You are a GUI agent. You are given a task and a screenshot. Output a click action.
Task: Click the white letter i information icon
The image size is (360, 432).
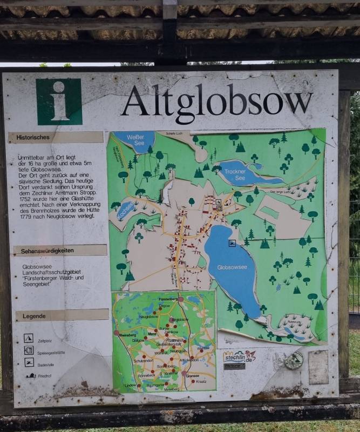59,102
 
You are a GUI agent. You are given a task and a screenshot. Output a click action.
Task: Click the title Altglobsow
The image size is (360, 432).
216,100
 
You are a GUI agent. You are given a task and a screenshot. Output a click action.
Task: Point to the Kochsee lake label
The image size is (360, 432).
127,210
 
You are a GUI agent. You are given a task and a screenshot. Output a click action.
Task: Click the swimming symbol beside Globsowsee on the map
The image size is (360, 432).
232,243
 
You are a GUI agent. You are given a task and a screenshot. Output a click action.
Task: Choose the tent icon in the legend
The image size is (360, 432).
29,338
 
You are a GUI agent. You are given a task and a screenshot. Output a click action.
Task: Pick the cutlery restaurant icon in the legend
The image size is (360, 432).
29,350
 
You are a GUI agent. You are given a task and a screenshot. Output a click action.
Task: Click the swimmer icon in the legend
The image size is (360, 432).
29,362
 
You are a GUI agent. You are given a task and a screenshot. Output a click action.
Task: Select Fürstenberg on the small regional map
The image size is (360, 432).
169,299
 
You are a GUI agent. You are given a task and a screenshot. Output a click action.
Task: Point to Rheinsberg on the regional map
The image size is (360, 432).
126,335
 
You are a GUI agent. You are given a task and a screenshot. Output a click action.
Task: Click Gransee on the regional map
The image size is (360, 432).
193,375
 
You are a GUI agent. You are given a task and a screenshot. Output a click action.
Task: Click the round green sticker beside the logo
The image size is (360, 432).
294,360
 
